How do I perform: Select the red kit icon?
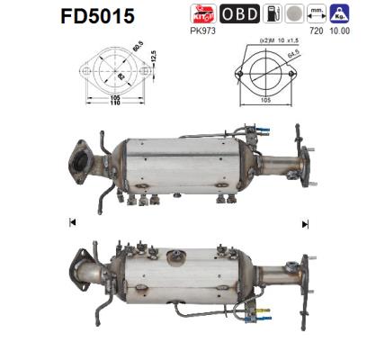pos(202,13)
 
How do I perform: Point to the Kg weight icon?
pos(340,13)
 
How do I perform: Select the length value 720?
pos(315,30)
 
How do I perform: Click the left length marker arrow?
pos(72,221)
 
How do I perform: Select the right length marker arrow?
pos(305,222)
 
